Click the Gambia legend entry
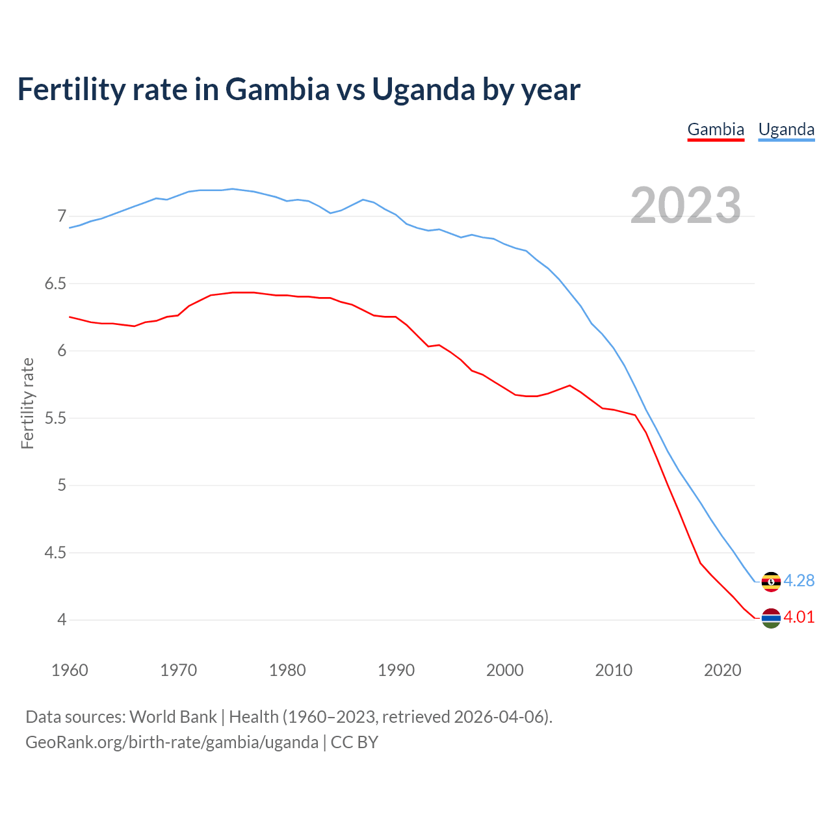point(716,129)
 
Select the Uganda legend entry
point(786,129)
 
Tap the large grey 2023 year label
point(685,205)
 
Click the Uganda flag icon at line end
point(771,581)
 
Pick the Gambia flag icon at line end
point(771,618)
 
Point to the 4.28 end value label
point(799,580)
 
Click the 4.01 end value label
point(799,617)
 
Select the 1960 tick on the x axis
point(70,670)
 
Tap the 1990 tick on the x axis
point(396,670)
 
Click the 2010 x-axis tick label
point(614,670)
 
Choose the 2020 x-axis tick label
point(722,670)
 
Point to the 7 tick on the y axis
point(62,216)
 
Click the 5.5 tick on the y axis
point(55,418)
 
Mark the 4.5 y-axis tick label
point(55,552)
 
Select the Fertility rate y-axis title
point(27,403)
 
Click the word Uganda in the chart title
point(423,89)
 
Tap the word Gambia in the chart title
point(278,89)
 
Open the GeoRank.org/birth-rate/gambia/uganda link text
point(172,742)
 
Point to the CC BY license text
point(354,742)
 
